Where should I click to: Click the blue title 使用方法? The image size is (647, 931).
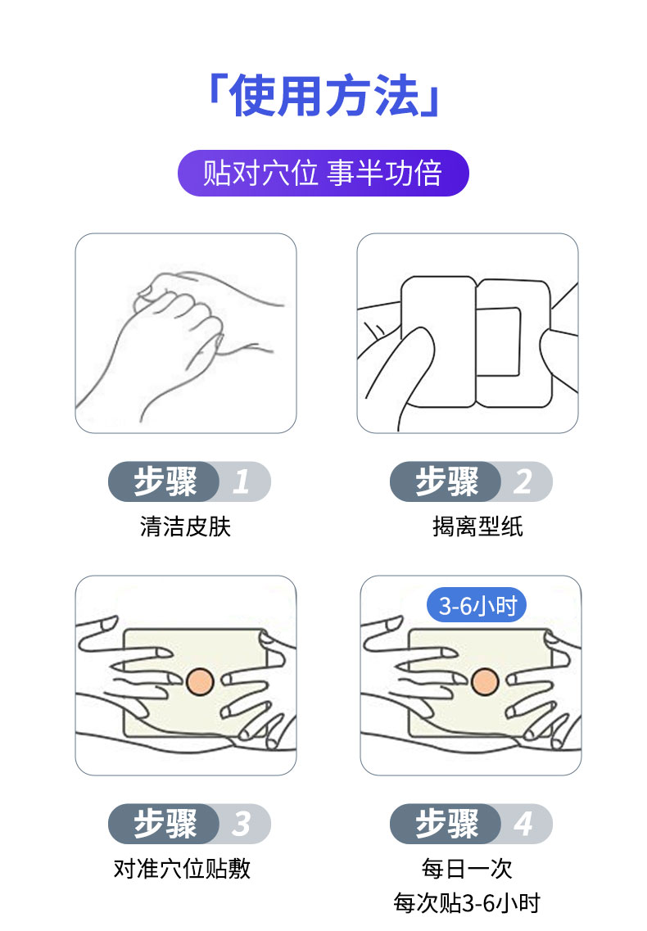323,97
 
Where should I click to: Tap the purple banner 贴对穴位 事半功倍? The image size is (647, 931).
323,173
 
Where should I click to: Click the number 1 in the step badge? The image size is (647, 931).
241,482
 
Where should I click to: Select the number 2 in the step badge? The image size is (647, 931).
523,482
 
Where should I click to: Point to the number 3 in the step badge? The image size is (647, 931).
241,824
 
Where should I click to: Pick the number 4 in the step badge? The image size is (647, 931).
523,824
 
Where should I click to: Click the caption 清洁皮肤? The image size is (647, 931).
186,526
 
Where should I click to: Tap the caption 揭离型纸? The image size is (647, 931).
477,526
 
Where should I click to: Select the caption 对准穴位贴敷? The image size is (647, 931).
182,868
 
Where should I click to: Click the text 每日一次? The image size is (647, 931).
467,868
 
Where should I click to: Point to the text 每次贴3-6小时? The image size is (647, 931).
467,903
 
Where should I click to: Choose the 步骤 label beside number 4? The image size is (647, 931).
447,824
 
